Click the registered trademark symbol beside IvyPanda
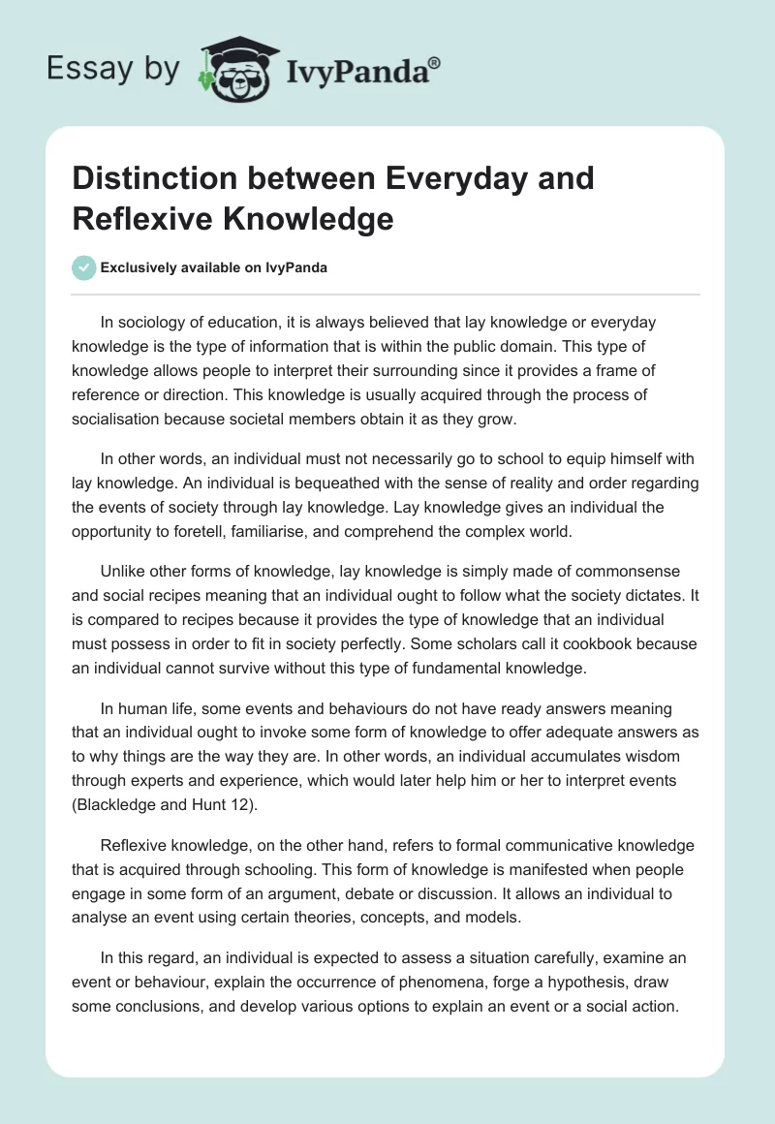click(x=435, y=62)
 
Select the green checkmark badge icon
click(x=85, y=268)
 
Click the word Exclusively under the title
click(x=141, y=268)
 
